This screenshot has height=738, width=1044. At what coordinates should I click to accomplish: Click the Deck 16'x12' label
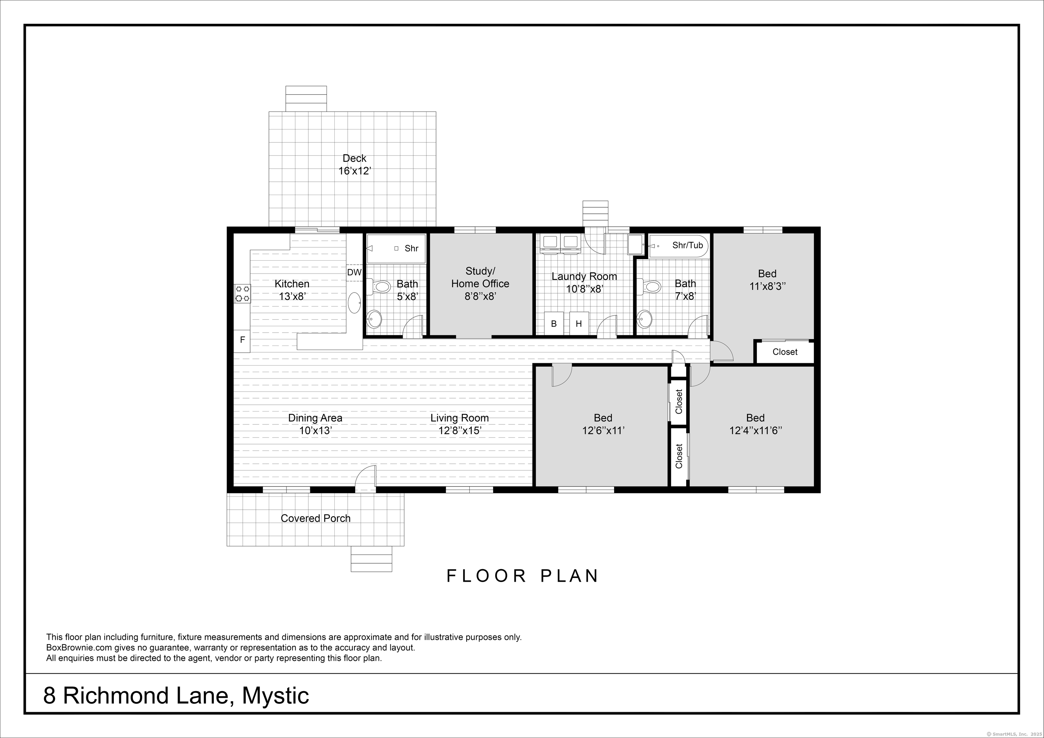coord(355,164)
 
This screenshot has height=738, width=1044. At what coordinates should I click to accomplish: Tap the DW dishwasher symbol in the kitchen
coord(354,273)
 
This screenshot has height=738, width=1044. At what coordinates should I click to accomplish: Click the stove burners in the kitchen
coord(242,294)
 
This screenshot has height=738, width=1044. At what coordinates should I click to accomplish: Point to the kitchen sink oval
coord(355,303)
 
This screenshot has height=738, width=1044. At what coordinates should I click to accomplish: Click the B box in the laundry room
coord(554,324)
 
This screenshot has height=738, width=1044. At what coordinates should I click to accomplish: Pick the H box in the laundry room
coord(579,324)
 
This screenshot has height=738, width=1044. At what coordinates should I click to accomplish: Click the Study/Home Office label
coord(480,277)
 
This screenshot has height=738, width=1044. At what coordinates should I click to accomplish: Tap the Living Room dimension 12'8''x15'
coord(460,430)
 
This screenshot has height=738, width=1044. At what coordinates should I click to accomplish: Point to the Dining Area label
coord(315,418)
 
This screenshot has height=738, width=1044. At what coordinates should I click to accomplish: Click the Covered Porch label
coord(316,519)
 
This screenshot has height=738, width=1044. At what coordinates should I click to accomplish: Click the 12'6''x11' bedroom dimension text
coord(603,430)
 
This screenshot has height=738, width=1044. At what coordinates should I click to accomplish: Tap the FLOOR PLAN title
coord(522,576)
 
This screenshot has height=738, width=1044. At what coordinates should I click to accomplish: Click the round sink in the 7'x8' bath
coord(644,319)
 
